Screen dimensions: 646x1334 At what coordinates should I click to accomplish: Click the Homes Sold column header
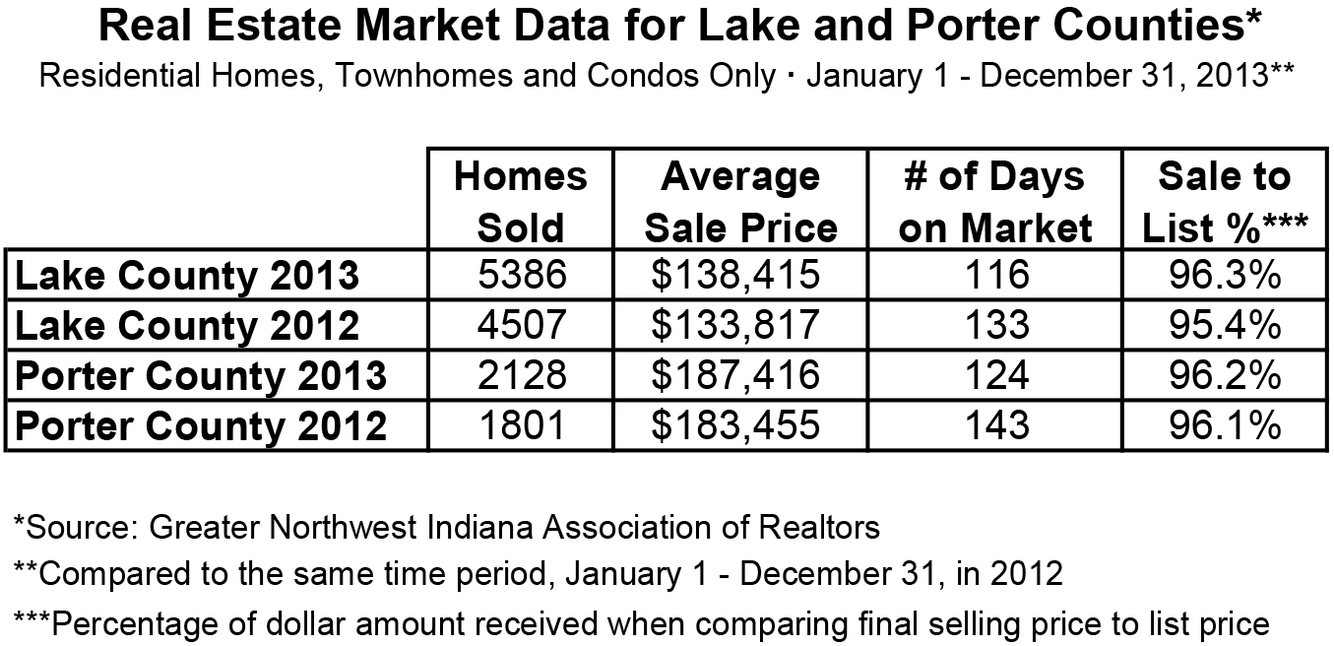coord(520,203)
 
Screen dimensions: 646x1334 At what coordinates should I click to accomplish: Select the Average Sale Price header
coord(740,203)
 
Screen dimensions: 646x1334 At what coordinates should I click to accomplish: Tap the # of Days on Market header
coord(995,203)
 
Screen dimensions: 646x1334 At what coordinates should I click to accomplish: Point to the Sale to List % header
coord(1224,203)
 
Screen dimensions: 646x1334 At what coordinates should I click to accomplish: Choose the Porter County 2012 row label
coord(202,426)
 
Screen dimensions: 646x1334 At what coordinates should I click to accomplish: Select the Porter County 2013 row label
coord(202,376)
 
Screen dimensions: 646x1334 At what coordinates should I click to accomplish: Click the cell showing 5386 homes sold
coord(520,276)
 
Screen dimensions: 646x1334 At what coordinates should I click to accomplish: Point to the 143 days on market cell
coord(995,426)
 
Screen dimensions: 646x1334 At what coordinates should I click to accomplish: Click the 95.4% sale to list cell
coord(1224,326)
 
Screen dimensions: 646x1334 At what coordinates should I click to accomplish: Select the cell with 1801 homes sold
coord(520,426)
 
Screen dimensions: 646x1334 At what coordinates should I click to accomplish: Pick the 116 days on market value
coord(995,276)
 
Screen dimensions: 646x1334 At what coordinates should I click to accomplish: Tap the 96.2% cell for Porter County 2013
coord(1224,376)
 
